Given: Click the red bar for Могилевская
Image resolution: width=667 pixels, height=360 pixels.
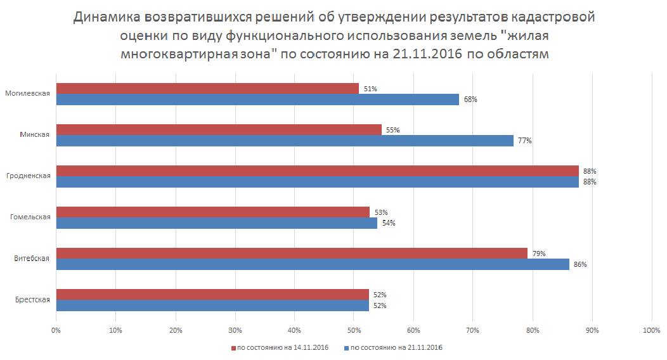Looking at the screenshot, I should click(x=207, y=89).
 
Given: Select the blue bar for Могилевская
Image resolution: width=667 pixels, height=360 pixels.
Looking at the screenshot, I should click(x=257, y=100).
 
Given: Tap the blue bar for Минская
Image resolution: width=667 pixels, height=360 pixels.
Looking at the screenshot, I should click(x=285, y=141).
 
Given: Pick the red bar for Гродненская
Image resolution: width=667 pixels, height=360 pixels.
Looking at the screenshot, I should click(x=317, y=171).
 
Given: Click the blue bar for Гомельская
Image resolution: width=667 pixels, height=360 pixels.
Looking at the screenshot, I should click(x=217, y=223).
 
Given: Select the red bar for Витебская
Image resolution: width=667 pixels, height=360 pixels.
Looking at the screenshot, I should click(x=292, y=254).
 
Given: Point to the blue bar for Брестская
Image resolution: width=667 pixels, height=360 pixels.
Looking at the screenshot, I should click(x=212, y=305).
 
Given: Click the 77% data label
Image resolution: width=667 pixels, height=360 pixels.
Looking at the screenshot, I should click(x=524, y=141).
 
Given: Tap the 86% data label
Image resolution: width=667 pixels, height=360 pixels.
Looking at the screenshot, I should click(x=580, y=264).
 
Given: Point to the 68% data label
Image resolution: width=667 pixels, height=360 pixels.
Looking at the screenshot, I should click(x=470, y=100).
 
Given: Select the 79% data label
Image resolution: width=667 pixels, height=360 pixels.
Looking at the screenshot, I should click(x=539, y=254).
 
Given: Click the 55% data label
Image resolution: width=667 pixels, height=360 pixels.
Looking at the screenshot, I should click(x=392, y=130).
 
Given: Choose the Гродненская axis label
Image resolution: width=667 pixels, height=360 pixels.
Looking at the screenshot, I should click(x=28, y=176).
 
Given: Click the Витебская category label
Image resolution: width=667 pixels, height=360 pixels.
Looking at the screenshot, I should click(x=31, y=259).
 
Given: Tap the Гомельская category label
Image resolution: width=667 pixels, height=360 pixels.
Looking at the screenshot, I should click(x=30, y=217).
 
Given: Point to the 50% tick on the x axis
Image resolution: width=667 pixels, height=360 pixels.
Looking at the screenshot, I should click(x=354, y=330).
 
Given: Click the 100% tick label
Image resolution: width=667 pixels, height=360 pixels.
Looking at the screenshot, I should click(x=651, y=330).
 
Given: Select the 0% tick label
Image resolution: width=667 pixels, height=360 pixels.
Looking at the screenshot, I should click(x=56, y=330).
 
